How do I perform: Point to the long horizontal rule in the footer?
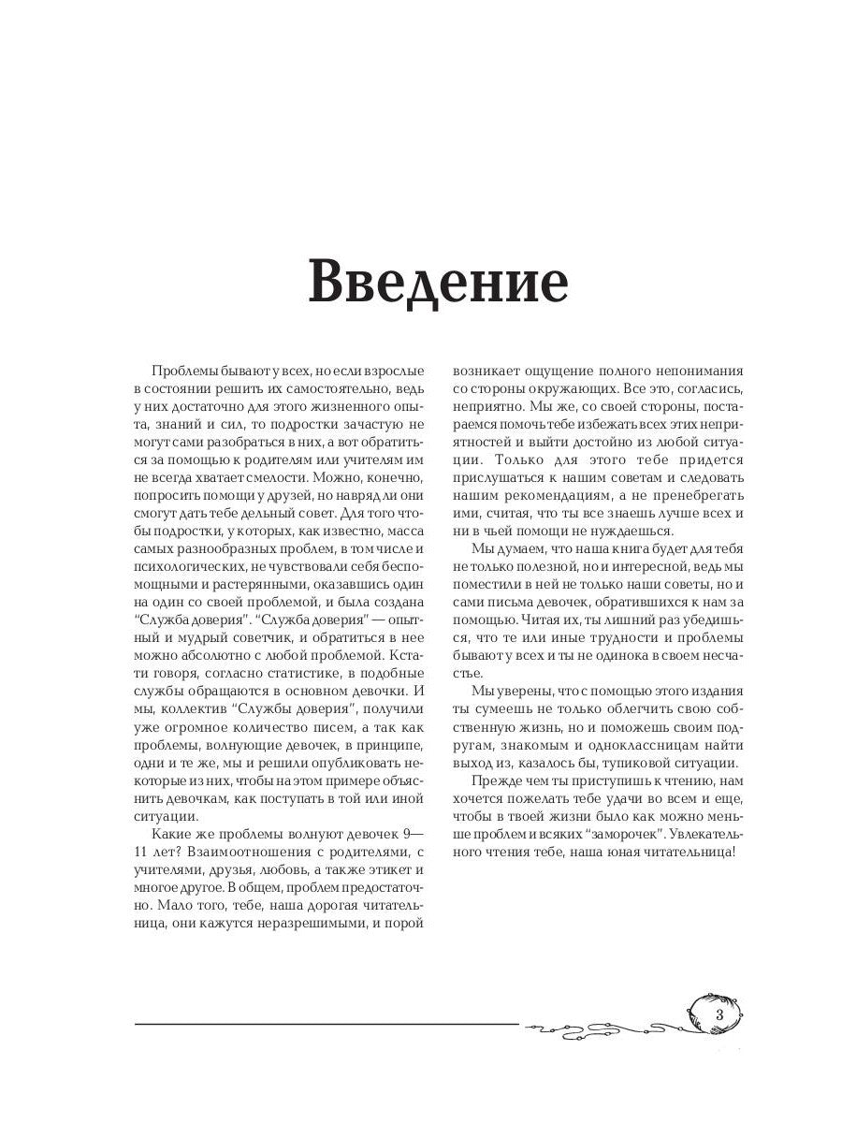tap(327, 1024)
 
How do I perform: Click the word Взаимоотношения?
tap(257, 851)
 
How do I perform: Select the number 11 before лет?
tap(143, 851)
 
